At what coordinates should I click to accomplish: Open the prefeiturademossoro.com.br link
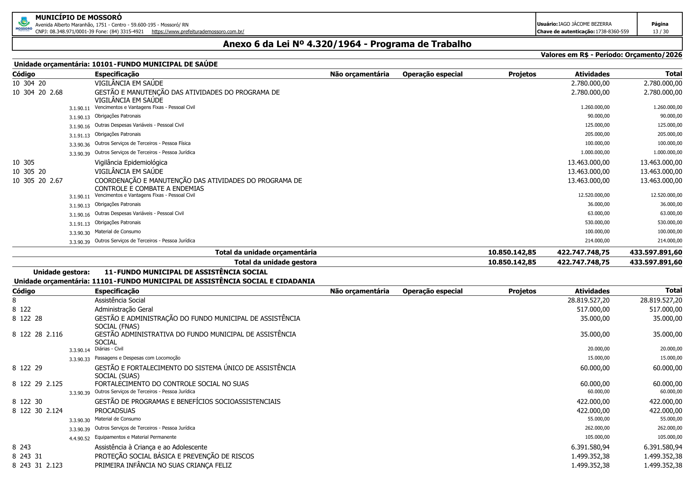point(198,31)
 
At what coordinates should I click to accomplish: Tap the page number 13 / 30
point(660,31)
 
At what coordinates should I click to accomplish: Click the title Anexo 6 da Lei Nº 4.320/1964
point(347,44)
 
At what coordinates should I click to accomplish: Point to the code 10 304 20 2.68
point(38,92)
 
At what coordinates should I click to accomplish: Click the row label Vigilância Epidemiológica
point(131,162)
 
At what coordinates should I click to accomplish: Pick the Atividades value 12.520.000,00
point(594,195)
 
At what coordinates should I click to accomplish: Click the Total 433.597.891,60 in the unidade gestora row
point(656,262)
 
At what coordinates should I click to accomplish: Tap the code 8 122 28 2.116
point(38,334)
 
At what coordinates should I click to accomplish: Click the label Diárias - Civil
point(109,349)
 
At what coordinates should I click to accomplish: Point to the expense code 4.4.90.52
point(79,438)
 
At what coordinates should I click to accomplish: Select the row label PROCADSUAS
point(115,411)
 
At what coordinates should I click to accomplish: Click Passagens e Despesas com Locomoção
point(137,358)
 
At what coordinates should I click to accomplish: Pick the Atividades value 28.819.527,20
point(588,300)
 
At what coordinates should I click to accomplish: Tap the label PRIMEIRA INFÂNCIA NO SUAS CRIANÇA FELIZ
point(163,465)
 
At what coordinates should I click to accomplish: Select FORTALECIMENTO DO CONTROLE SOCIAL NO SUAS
point(171,384)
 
